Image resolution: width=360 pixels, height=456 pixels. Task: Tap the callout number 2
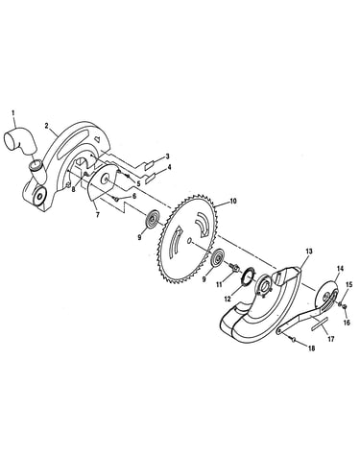tap(47, 126)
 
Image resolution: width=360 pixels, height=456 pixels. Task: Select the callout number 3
tap(167, 156)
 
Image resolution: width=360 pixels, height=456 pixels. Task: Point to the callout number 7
tap(98, 215)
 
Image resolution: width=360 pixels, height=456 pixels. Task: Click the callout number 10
tap(232, 202)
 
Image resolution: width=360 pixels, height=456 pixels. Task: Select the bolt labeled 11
tap(233, 267)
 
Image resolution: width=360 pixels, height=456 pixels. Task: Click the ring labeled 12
tap(248, 277)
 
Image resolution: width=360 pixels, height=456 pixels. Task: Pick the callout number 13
tap(309, 252)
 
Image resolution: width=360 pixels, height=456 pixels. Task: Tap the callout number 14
tap(340, 269)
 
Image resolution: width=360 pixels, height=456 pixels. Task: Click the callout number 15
tap(348, 284)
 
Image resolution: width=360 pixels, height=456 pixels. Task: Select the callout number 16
tap(347, 323)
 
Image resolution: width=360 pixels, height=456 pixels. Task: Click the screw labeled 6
tap(116, 199)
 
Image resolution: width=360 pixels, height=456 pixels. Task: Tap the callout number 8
tap(74, 189)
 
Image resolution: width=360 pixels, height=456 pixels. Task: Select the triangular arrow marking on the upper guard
tap(99, 139)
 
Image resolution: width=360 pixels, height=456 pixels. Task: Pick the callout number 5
tap(138, 183)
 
